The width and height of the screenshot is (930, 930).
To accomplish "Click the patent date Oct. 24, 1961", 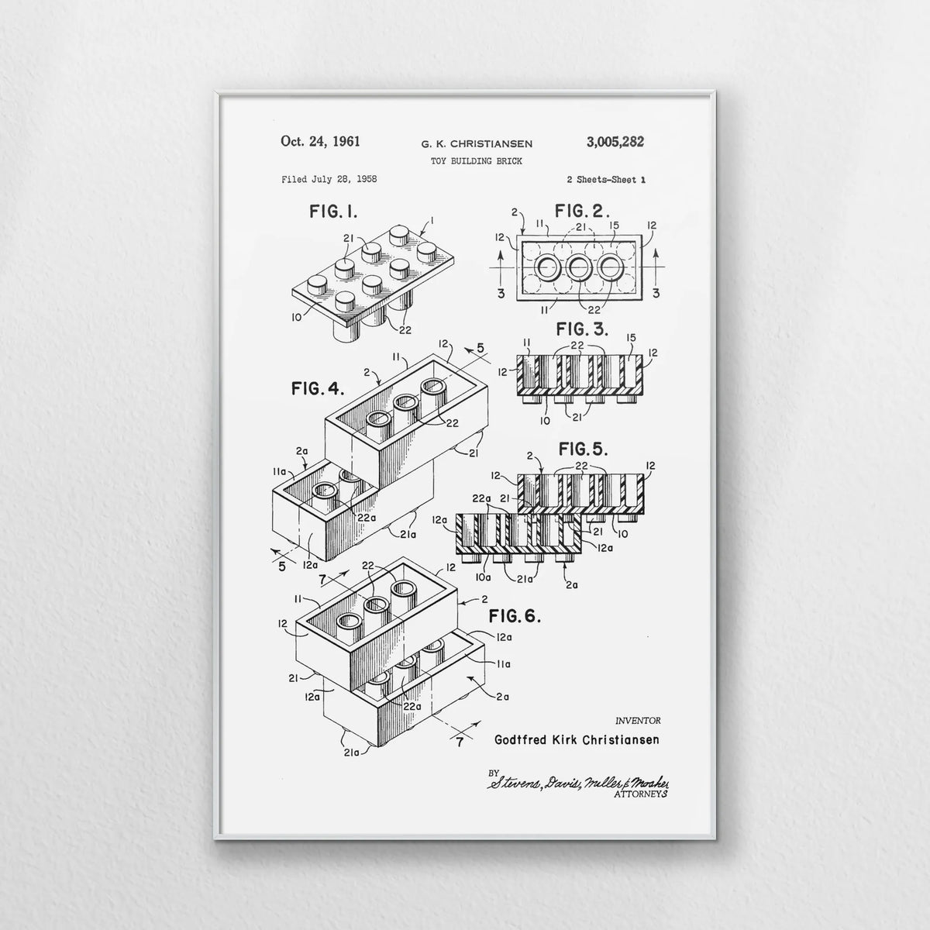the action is pyautogui.click(x=320, y=142).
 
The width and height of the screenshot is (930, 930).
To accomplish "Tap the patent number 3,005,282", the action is pyautogui.click(x=615, y=142).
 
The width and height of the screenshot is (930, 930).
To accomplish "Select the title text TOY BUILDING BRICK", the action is pyautogui.click(x=477, y=161).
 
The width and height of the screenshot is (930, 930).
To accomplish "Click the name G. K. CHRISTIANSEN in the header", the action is pyautogui.click(x=477, y=144).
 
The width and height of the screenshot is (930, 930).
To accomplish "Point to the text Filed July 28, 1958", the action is pyautogui.click(x=329, y=180).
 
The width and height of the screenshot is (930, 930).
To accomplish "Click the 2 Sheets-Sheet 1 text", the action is pyautogui.click(x=606, y=180).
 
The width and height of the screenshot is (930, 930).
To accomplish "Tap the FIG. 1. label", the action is pyautogui.click(x=333, y=212).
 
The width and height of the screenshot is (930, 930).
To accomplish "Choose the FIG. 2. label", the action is pyautogui.click(x=582, y=211).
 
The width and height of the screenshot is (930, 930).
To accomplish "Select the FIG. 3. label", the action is pyautogui.click(x=582, y=329).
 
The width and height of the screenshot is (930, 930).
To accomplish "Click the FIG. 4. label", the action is pyautogui.click(x=318, y=388).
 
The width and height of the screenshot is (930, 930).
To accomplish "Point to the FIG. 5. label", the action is pyautogui.click(x=583, y=449).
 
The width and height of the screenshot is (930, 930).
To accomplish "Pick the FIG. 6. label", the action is pyautogui.click(x=515, y=616).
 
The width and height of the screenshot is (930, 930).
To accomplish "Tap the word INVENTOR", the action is pyautogui.click(x=638, y=721).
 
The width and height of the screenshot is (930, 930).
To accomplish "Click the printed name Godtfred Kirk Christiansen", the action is pyautogui.click(x=577, y=739).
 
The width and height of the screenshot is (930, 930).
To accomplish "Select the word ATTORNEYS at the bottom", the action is pyautogui.click(x=641, y=794).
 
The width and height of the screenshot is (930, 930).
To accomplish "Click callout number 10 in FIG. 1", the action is pyautogui.click(x=296, y=317).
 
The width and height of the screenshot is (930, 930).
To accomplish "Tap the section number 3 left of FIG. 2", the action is pyautogui.click(x=501, y=294).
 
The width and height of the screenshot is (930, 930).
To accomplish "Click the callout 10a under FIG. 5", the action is pyautogui.click(x=483, y=577).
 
